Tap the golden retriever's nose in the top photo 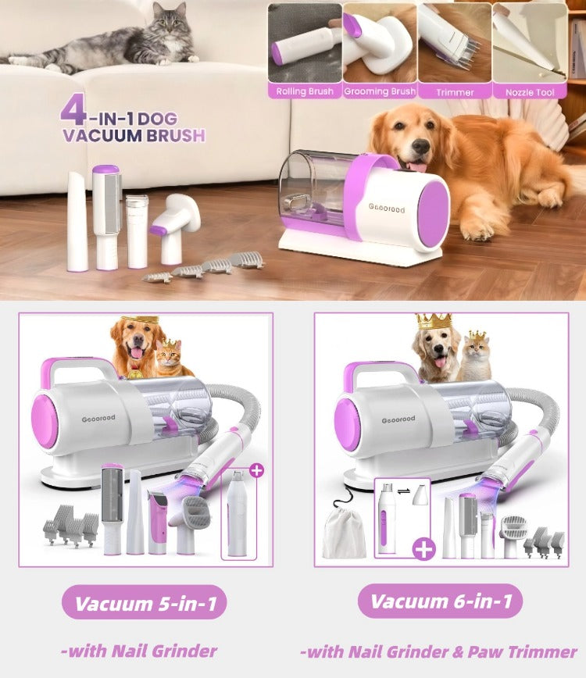coord(420,147)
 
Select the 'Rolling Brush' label coord(305,91)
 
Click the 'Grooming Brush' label coord(380,91)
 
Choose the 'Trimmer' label coord(455,92)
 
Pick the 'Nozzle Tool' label coord(530,92)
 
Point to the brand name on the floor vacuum coord(387,209)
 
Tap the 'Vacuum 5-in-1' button coord(145,602)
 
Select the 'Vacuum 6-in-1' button coord(440,601)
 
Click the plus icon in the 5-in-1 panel coord(257,470)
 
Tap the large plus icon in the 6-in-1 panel coord(423,549)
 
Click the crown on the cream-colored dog coord(434,321)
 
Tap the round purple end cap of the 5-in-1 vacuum coord(44,421)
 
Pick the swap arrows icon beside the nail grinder coord(404,491)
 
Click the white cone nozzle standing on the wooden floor coord(77,221)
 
